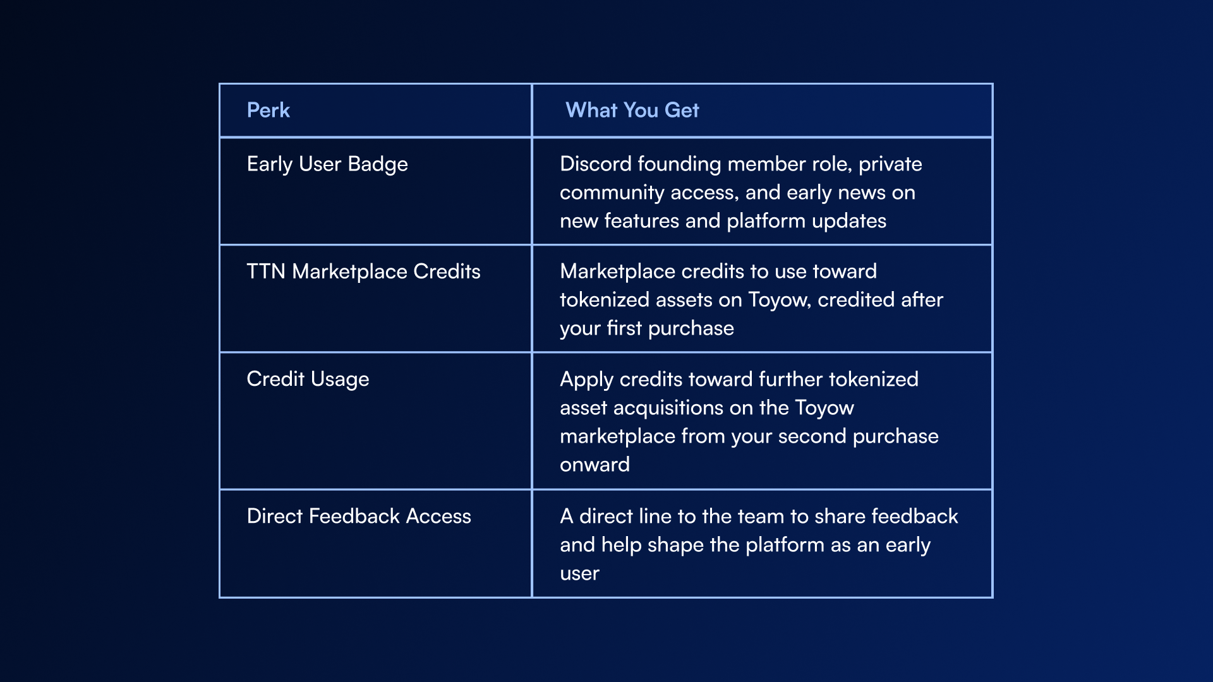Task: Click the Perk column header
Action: (268, 110)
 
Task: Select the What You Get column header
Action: (632, 110)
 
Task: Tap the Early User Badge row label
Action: (327, 164)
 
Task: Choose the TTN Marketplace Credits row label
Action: (363, 272)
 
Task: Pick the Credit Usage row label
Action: (308, 379)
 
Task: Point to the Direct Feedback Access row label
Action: (359, 516)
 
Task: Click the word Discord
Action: (596, 164)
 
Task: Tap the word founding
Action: (680, 164)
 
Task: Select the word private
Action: (890, 164)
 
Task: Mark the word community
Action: (612, 193)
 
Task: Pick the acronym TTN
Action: (266, 271)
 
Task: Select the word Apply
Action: (586, 380)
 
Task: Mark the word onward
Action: (594, 464)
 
